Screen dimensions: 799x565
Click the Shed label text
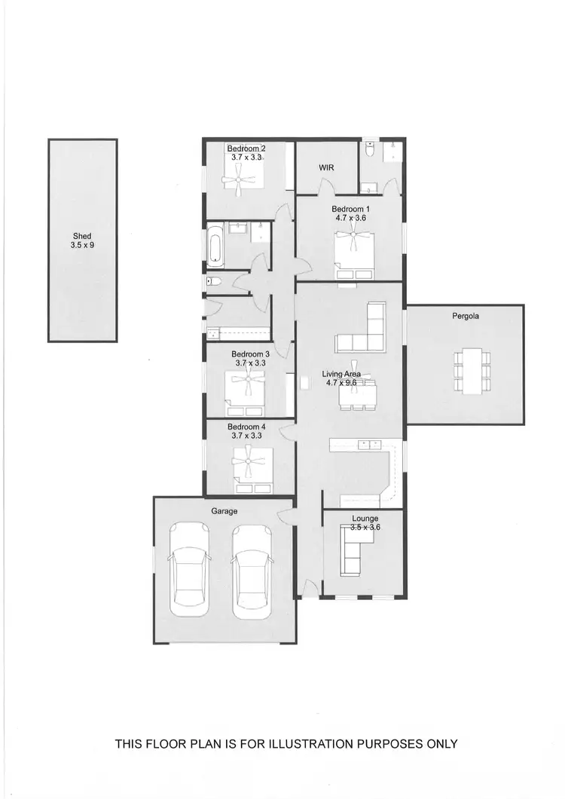click(x=81, y=237)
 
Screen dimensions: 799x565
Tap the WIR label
click(x=326, y=167)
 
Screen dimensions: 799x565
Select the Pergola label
click(x=466, y=317)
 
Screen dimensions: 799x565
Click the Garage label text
click(x=224, y=510)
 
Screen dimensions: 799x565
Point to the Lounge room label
click(x=365, y=519)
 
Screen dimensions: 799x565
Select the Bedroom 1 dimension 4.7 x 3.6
click(x=350, y=217)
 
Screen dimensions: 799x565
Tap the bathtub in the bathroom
click(x=215, y=246)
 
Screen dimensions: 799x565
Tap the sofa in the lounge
click(x=352, y=550)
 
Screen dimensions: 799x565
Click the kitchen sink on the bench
click(x=369, y=445)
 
